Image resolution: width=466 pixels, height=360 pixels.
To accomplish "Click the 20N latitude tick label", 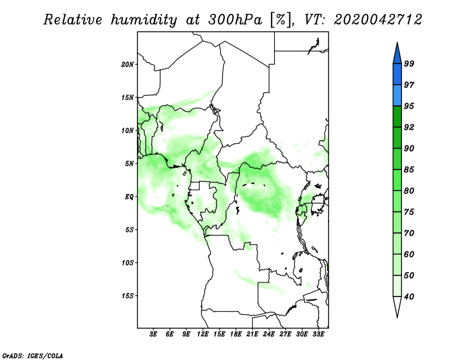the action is (128, 65).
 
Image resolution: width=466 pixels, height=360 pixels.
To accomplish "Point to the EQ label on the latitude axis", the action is (129, 197).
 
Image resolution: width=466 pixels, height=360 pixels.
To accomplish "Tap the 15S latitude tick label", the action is (128, 296).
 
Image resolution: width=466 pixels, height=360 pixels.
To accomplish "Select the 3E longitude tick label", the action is (153, 334).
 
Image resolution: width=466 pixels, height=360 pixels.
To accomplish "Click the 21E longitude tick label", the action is (252, 334).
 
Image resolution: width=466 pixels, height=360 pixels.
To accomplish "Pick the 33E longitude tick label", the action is (318, 334).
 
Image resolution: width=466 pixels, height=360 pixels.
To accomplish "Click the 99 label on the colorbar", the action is (409, 63).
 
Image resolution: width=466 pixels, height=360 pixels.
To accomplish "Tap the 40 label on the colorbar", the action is (409, 297).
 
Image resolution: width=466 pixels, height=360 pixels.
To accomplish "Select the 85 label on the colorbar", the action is (409, 170).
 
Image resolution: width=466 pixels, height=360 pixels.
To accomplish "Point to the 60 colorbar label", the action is (409, 254).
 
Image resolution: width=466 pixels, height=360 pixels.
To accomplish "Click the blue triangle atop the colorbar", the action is (397, 54).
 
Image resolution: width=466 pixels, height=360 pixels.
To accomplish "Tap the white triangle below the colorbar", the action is (397, 306).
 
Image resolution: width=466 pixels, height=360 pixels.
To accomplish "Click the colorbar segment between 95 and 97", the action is (397, 96).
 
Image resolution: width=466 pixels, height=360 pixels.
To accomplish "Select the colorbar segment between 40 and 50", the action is (397, 286).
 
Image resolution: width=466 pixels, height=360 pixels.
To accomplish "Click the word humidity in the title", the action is (144, 20).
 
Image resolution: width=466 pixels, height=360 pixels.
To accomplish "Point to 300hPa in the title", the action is (235, 20).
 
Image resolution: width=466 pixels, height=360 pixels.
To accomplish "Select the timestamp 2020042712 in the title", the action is (377, 20).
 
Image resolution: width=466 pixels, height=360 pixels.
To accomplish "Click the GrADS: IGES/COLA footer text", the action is (33, 356).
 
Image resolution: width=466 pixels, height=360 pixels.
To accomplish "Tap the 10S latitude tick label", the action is (128, 263).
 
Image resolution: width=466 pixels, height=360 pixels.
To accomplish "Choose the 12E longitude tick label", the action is (202, 334).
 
